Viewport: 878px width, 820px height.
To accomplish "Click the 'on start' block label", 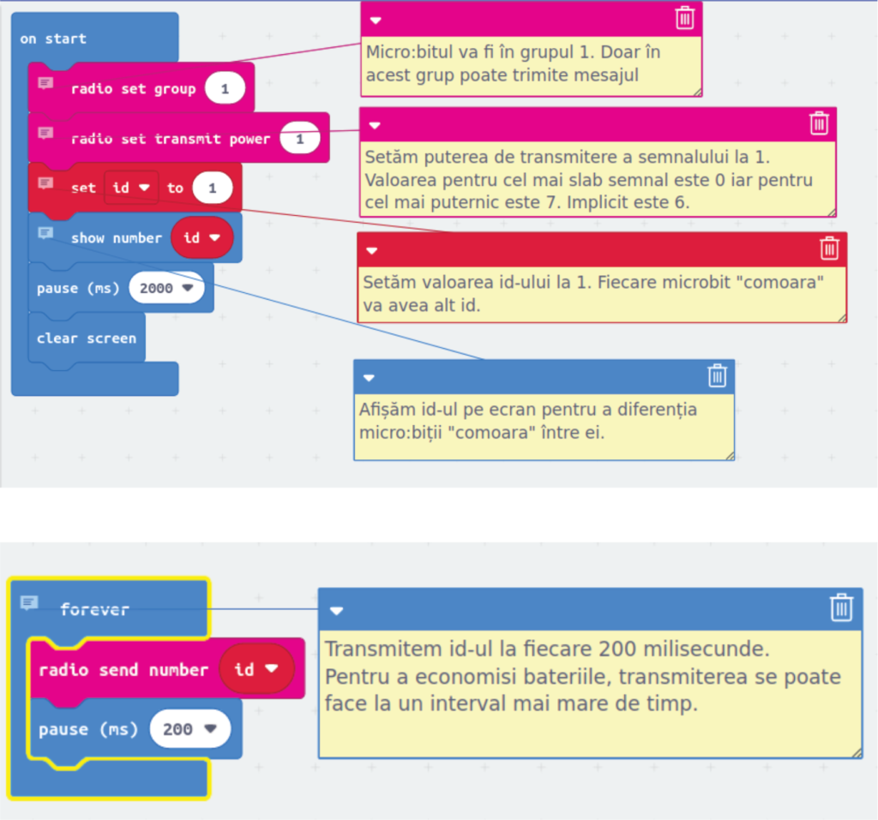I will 53,39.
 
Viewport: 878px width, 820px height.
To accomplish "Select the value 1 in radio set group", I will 225,88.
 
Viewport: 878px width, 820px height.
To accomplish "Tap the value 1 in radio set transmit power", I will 299,139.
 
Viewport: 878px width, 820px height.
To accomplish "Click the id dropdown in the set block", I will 131,188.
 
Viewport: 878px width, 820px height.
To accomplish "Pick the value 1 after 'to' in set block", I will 212,188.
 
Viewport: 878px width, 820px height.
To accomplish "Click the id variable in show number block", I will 201,237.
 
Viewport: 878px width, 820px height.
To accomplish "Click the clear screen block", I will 86,338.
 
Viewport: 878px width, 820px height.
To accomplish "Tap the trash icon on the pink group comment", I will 684,18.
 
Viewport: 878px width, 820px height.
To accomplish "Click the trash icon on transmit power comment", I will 819,123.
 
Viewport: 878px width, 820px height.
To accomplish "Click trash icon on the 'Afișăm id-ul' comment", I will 717,376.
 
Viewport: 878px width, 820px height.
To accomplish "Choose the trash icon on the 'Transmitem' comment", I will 842,608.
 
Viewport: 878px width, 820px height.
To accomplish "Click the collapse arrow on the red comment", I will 371,251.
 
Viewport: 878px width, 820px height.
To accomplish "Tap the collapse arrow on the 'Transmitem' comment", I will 337,610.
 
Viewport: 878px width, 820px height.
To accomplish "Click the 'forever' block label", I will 94,609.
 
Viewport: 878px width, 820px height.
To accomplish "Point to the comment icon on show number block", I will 45,233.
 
